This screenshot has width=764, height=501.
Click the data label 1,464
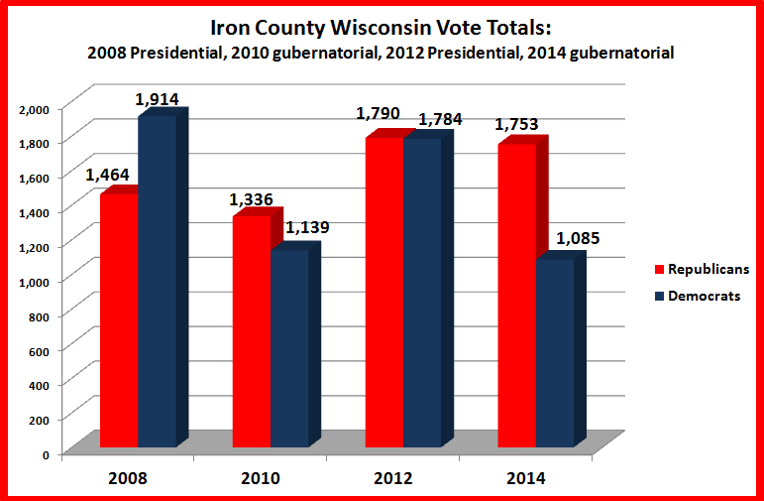click(107, 175)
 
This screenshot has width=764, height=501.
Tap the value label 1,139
click(307, 227)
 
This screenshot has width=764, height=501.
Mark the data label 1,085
click(578, 238)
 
